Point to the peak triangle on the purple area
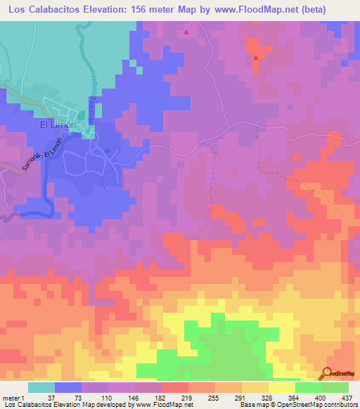pos(186,32)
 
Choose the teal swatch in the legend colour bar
pos(41,387)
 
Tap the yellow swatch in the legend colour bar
pos(281,387)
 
